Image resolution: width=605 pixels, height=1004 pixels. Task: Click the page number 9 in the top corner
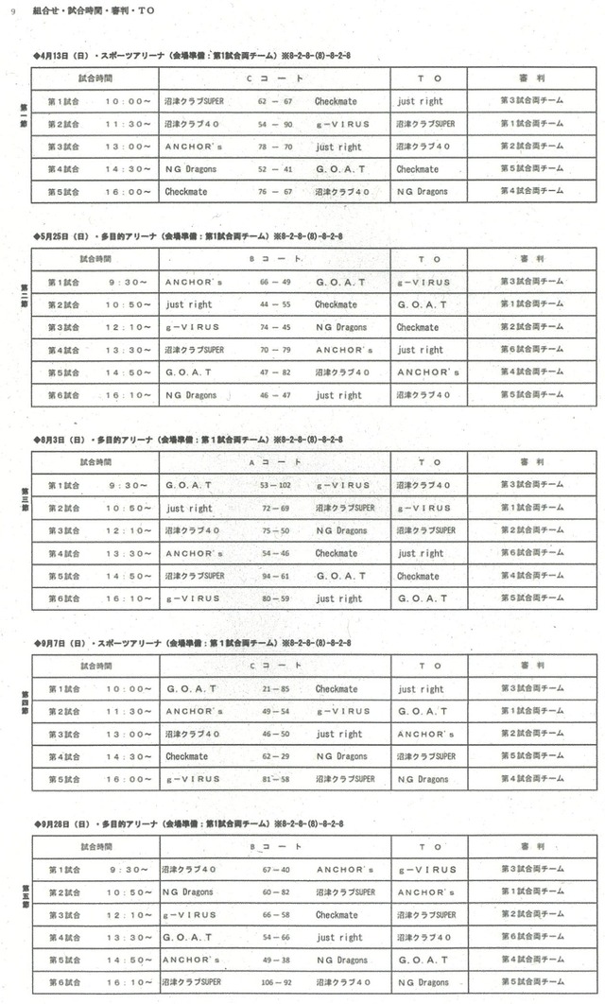click(12, 10)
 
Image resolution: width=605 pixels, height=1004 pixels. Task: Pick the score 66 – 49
click(275, 282)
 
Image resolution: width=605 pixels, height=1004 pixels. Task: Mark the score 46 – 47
click(275, 395)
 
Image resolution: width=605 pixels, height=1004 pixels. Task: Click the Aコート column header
click(275, 462)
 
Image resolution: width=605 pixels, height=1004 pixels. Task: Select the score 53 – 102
click(275, 485)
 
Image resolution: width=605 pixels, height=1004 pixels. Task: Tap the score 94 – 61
click(275, 576)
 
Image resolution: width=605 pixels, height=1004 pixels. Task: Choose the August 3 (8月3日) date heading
click(56, 440)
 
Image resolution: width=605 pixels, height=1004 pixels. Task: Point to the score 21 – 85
click(275, 689)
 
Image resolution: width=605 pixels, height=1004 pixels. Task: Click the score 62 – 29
click(275, 757)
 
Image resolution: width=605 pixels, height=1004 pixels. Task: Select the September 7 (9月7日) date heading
click(56, 643)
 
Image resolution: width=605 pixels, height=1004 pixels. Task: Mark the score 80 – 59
click(275, 598)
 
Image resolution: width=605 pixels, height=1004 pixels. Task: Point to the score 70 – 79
click(275, 350)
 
